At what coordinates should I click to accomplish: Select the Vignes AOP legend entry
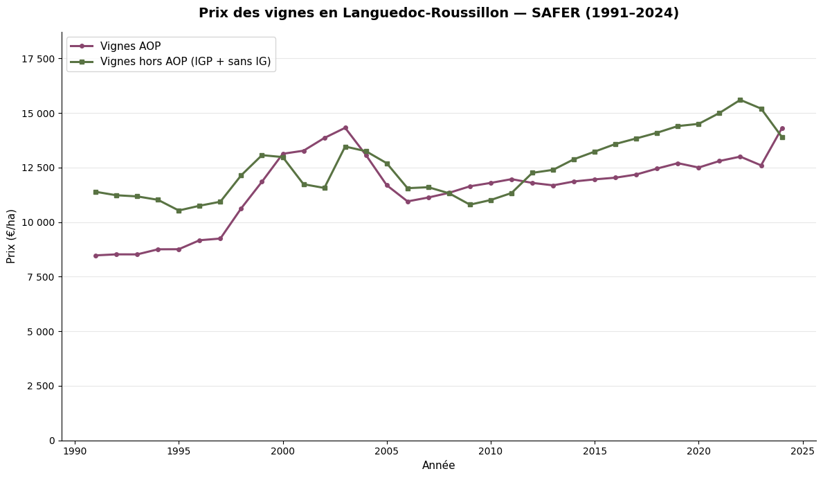click(x=130, y=46)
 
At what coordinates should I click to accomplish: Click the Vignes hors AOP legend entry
click(x=186, y=62)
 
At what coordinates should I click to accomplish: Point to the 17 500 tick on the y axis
click(x=37, y=59)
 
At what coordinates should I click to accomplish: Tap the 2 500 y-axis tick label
click(x=40, y=386)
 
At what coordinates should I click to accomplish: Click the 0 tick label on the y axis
click(x=51, y=441)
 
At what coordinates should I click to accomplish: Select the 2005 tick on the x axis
click(x=387, y=451)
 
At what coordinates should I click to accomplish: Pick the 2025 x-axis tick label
click(x=803, y=451)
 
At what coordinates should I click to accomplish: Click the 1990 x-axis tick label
click(x=75, y=451)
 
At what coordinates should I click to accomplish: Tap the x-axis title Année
click(x=439, y=466)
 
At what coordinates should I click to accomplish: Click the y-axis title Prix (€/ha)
click(x=11, y=236)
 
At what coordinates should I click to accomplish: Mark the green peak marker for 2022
click(x=740, y=100)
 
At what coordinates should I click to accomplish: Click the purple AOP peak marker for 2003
click(x=345, y=127)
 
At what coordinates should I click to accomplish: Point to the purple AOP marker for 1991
click(x=96, y=256)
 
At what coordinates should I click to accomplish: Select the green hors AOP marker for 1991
click(x=96, y=192)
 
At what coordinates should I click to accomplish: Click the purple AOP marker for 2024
click(x=782, y=128)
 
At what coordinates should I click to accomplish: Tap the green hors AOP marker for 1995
click(x=179, y=211)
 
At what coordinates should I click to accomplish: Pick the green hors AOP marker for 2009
click(x=470, y=204)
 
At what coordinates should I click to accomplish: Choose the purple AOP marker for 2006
click(x=408, y=202)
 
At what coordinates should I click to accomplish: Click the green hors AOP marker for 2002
click(x=325, y=188)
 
